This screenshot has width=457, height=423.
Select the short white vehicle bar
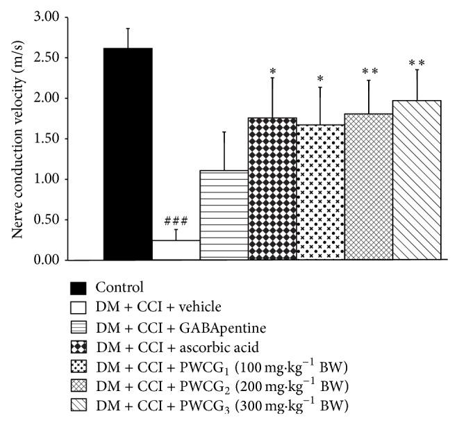(176, 250)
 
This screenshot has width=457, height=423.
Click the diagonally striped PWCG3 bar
(417, 181)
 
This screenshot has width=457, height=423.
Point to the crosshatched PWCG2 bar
(369, 187)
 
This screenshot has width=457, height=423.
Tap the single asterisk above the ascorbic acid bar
(272, 72)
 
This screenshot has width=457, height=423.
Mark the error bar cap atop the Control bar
(128, 28)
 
